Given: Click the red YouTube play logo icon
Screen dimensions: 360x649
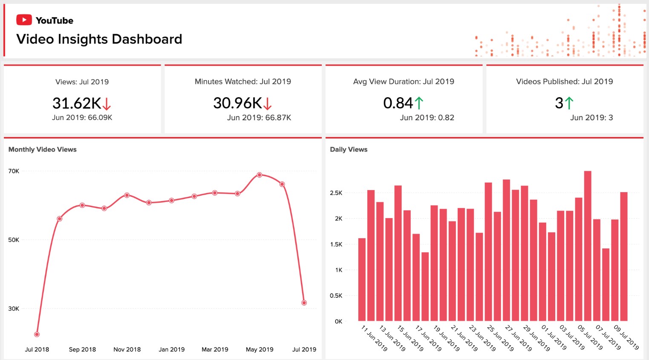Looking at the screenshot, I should [24, 20].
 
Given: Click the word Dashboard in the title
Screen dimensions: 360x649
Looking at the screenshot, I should [147, 39].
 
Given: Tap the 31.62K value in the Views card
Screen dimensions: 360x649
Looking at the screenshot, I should [77, 103].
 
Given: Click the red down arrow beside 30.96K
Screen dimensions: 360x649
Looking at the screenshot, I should [268, 104].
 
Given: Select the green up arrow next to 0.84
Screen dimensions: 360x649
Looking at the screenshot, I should [419, 103].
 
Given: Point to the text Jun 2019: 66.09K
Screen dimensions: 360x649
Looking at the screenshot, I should [82, 118].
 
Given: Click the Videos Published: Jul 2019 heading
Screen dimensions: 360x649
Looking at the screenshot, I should [564, 81].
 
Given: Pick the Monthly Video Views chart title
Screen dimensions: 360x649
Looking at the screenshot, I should [43, 150].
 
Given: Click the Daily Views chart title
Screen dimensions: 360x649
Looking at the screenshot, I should [349, 150].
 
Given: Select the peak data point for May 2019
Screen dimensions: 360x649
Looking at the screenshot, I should [260, 175].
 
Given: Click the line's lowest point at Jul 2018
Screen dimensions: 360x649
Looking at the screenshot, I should [37, 334].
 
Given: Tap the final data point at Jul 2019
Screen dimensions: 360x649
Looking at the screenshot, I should [304, 303].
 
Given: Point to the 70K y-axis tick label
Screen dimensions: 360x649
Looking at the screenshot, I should [14, 171].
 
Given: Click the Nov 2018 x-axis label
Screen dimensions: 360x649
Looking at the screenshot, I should [127, 349].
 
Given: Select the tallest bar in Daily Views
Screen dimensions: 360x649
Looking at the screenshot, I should [588, 246].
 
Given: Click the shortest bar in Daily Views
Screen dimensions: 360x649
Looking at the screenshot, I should [425, 286].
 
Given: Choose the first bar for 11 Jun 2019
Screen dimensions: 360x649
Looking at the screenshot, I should [362, 279].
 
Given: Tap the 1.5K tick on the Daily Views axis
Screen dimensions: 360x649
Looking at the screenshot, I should [336, 245].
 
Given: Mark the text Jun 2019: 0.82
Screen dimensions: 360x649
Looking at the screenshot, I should [427, 118].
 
